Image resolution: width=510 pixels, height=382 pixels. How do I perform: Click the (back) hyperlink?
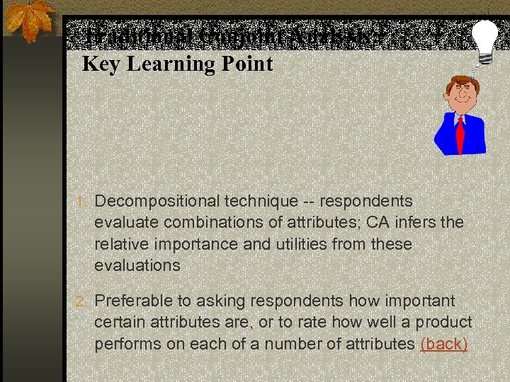[x=444, y=345]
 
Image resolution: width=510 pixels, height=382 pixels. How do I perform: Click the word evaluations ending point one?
[x=137, y=265]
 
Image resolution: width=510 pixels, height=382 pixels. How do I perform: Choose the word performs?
[x=127, y=345]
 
